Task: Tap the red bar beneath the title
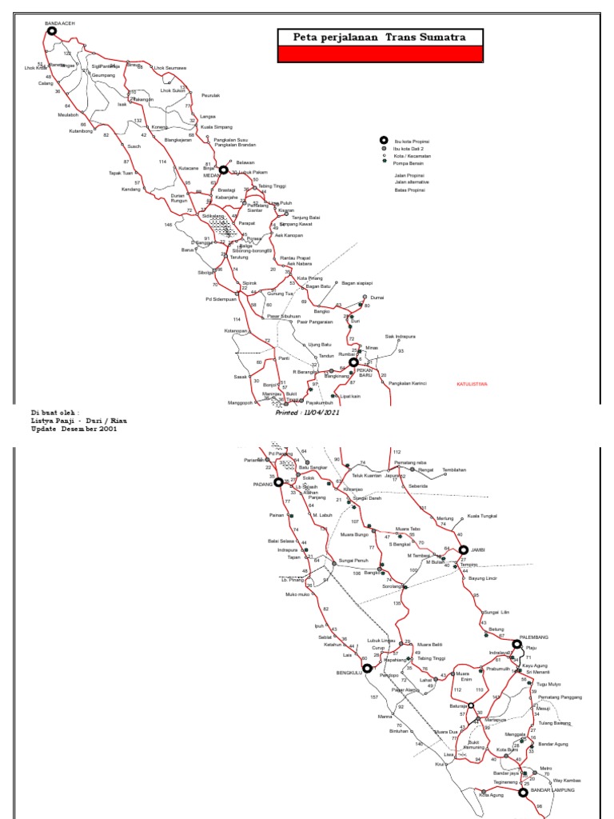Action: pyautogui.click(x=380, y=54)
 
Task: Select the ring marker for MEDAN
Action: pyautogui.click(x=224, y=170)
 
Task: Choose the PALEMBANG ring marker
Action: pyautogui.click(x=517, y=644)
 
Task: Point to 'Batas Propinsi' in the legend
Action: pyautogui.click(x=409, y=190)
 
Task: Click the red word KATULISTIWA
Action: pyautogui.click(x=472, y=384)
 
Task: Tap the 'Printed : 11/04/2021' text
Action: pyautogui.click(x=307, y=413)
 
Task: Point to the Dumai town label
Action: pyautogui.click(x=378, y=297)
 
